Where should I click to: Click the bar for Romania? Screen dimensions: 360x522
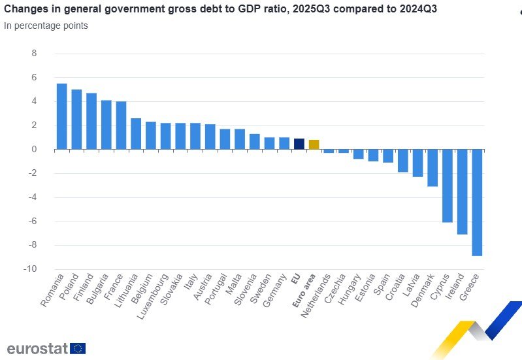pyautogui.click(x=62, y=116)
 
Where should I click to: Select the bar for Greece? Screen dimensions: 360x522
pyautogui.click(x=477, y=203)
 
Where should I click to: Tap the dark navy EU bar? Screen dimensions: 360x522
pyautogui.click(x=299, y=144)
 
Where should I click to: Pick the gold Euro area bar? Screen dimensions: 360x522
pyautogui.click(x=314, y=144)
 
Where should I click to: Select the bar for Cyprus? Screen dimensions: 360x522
pyautogui.click(x=448, y=186)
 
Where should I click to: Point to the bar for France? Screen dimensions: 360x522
pyautogui.click(x=121, y=125)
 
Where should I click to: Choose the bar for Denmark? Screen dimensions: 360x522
pyautogui.click(x=432, y=168)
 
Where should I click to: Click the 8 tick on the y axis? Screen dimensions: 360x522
pyautogui.click(x=35, y=54)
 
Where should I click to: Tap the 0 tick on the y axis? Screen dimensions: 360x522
pyautogui.click(x=35, y=150)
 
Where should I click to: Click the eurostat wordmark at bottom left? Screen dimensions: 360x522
pyautogui.click(x=37, y=348)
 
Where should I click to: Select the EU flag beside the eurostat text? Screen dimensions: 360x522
pyautogui.click(x=78, y=348)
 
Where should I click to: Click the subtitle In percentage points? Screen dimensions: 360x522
pyautogui.click(x=46, y=25)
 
